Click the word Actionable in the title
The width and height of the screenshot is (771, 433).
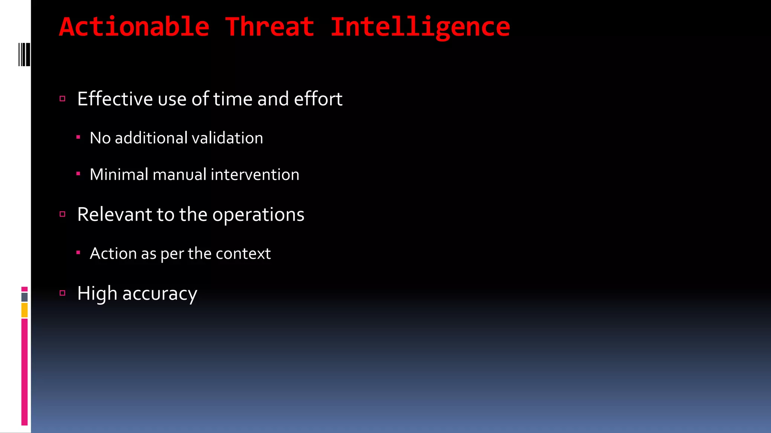134,27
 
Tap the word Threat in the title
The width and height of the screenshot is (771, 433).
270,27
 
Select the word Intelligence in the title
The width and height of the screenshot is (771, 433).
420,27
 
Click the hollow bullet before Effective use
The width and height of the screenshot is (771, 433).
62,99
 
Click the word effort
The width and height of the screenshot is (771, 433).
318,99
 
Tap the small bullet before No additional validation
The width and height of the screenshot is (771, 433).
78,138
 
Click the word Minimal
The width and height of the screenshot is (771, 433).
119,174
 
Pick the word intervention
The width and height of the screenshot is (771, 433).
255,174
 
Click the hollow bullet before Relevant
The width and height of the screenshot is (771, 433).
62,214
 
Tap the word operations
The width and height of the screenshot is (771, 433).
258,215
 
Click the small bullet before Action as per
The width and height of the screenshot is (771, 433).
78,253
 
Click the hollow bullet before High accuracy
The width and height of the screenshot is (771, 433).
62,293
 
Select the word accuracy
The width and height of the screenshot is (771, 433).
160,294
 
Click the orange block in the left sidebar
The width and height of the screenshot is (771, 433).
24,310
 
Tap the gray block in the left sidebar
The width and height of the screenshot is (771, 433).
24,297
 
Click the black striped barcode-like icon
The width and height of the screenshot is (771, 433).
24,55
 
